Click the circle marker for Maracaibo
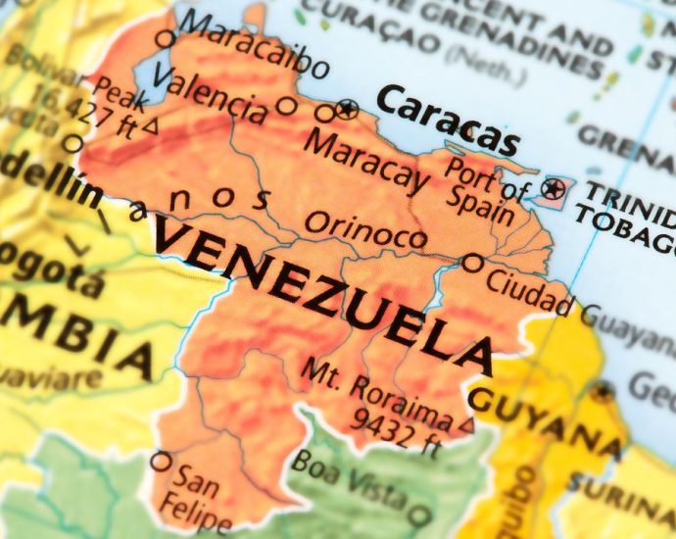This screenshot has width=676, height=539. (x=166, y=39)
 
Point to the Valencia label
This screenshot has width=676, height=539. (x=210, y=94)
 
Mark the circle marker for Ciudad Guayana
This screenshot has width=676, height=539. (x=472, y=263)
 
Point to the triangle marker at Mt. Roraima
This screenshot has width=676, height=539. (x=466, y=425)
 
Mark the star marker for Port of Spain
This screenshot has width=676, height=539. (x=555, y=188)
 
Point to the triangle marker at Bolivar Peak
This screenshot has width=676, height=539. (x=150, y=125)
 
